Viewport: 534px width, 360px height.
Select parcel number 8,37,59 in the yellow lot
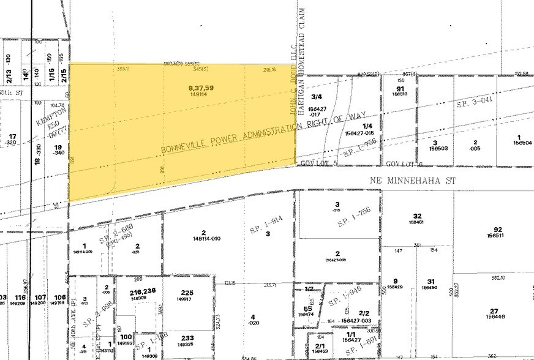pos(201,88)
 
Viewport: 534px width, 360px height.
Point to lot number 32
pos(418,216)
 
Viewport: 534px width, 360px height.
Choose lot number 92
pos(495,229)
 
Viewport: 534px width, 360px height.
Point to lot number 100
pos(126,337)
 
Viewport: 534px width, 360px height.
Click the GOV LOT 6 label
pos(401,164)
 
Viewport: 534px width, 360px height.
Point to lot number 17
pos(12,136)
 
